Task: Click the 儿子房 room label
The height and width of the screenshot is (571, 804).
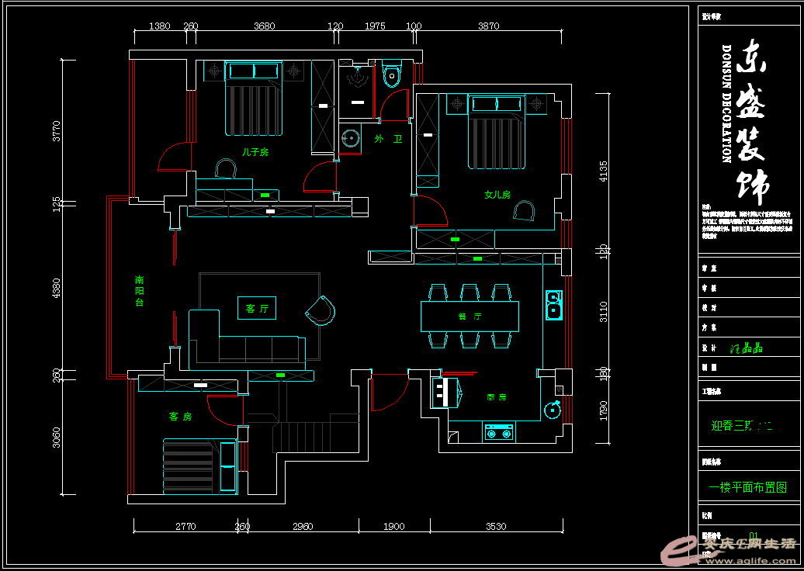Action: (x=255, y=153)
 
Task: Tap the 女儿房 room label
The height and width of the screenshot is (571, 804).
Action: (x=497, y=195)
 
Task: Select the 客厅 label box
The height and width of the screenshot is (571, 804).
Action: (x=257, y=309)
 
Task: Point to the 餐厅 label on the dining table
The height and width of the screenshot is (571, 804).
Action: (x=470, y=317)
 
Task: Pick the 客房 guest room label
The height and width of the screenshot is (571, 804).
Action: (x=180, y=417)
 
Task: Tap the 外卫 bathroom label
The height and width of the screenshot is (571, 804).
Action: (x=388, y=139)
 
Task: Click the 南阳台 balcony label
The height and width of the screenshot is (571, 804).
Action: (x=140, y=290)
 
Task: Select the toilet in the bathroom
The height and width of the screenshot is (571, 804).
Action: (x=392, y=74)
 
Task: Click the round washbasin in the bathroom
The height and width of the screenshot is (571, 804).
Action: (x=351, y=139)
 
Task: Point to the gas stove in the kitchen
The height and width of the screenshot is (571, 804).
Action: (x=499, y=432)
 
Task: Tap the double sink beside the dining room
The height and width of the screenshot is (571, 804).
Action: (x=553, y=304)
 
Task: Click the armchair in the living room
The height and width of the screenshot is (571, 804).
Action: (x=321, y=310)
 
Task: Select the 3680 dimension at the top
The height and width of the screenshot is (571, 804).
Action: (x=264, y=26)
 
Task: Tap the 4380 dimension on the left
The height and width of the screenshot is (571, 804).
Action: (x=56, y=289)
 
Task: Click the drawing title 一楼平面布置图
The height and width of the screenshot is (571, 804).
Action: (x=747, y=488)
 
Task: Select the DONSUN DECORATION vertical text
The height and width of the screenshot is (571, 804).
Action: (x=727, y=103)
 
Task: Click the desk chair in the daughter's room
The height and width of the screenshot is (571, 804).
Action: (x=525, y=210)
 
